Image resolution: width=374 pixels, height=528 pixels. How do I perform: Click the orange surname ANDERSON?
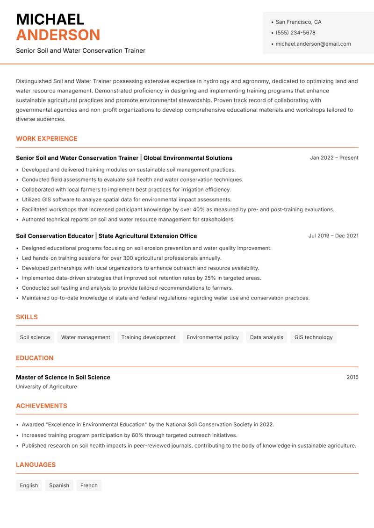(x=58, y=35)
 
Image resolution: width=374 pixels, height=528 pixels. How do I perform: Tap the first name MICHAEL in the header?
(x=50, y=19)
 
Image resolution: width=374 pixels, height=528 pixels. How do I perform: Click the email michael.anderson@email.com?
(x=313, y=44)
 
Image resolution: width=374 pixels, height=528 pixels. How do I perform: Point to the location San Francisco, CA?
(x=298, y=22)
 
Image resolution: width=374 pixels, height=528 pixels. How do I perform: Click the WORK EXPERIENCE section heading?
(x=47, y=139)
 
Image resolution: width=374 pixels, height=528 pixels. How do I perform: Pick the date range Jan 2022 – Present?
(x=334, y=158)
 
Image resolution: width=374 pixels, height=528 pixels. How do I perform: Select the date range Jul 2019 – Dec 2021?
(x=333, y=236)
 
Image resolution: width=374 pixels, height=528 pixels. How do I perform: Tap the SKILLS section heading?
(x=27, y=317)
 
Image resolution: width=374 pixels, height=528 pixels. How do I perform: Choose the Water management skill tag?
(x=86, y=337)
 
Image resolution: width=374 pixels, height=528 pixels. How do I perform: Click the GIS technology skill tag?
(x=313, y=337)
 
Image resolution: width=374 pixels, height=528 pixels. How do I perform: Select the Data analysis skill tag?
(x=266, y=337)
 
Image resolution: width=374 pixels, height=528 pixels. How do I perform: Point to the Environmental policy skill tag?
(x=212, y=337)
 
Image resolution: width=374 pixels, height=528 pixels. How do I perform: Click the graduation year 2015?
(x=352, y=377)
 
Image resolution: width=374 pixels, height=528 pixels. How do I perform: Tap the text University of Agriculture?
(x=46, y=387)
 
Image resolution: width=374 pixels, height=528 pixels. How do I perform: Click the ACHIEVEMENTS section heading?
(x=42, y=406)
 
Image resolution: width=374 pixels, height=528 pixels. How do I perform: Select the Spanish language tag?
(x=59, y=485)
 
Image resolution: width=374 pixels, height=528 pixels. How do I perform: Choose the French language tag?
(x=89, y=485)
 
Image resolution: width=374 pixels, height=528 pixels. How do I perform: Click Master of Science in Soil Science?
(x=63, y=377)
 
